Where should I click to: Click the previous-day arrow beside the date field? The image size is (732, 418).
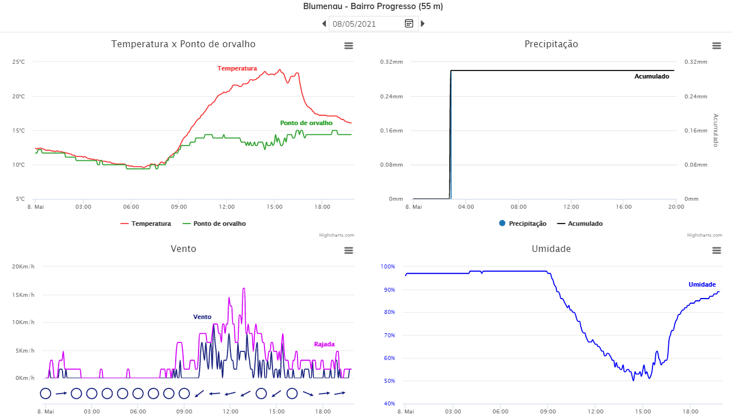pyautogui.click(x=324, y=24)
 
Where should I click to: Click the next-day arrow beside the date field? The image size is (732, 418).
pyautogui.click(x=423, y=24)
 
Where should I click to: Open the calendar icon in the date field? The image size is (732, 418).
pyautogui.click(x=409, y=23)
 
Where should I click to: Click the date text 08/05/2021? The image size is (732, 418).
pyautogui.click(x=354, y=24)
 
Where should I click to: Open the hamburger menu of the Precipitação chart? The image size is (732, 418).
pyautogui.click(x=717, y=46)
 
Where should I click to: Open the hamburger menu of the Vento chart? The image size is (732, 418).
pyautogui.click(x=349, y=251)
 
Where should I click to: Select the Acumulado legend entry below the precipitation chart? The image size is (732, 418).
pyautogui.click(x=585, y=224)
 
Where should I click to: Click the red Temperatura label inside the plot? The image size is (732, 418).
pyautogui.click(x=237, y=68)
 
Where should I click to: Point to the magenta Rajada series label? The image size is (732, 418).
pyautogui.click(x=324, y=344)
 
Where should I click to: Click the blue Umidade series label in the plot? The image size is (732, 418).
pyautogui.click(x=702, y=284)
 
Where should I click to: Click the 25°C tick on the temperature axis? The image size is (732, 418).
pyautogui.click(x=19, y=61)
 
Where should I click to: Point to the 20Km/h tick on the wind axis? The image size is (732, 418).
pyautogui.click(x=23, y=267)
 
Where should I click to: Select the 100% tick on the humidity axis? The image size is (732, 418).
pyautogui.click(x=388, y=266)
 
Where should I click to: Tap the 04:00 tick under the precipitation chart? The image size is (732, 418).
pyautogui.click(x=466, y=207)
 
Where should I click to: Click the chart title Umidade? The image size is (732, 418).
pyautogui.click(x=551, y=249)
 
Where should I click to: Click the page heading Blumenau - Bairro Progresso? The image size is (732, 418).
pyautogui.click(x=373, y=7)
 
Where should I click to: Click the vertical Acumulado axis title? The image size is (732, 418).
pyautogui.click(x=716, y=130)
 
